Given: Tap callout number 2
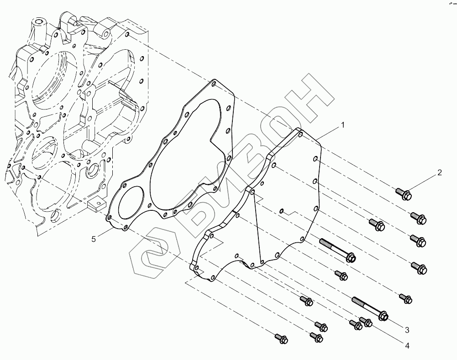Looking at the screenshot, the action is coord(439,173).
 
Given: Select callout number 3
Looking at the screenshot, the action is coord(406,329).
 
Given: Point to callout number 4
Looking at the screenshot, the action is coord(406,346).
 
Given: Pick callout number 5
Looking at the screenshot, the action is coord(94,239).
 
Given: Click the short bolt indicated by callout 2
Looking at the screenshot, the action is coord(403,194).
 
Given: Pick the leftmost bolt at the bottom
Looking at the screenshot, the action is coord(279,338).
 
